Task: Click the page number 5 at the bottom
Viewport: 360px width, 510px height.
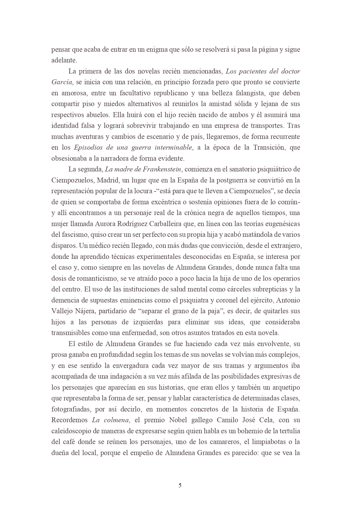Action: coord(180,485)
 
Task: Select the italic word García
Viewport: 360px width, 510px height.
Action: coord(62,82)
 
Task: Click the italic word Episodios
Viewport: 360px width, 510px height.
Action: coord(88,148)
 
